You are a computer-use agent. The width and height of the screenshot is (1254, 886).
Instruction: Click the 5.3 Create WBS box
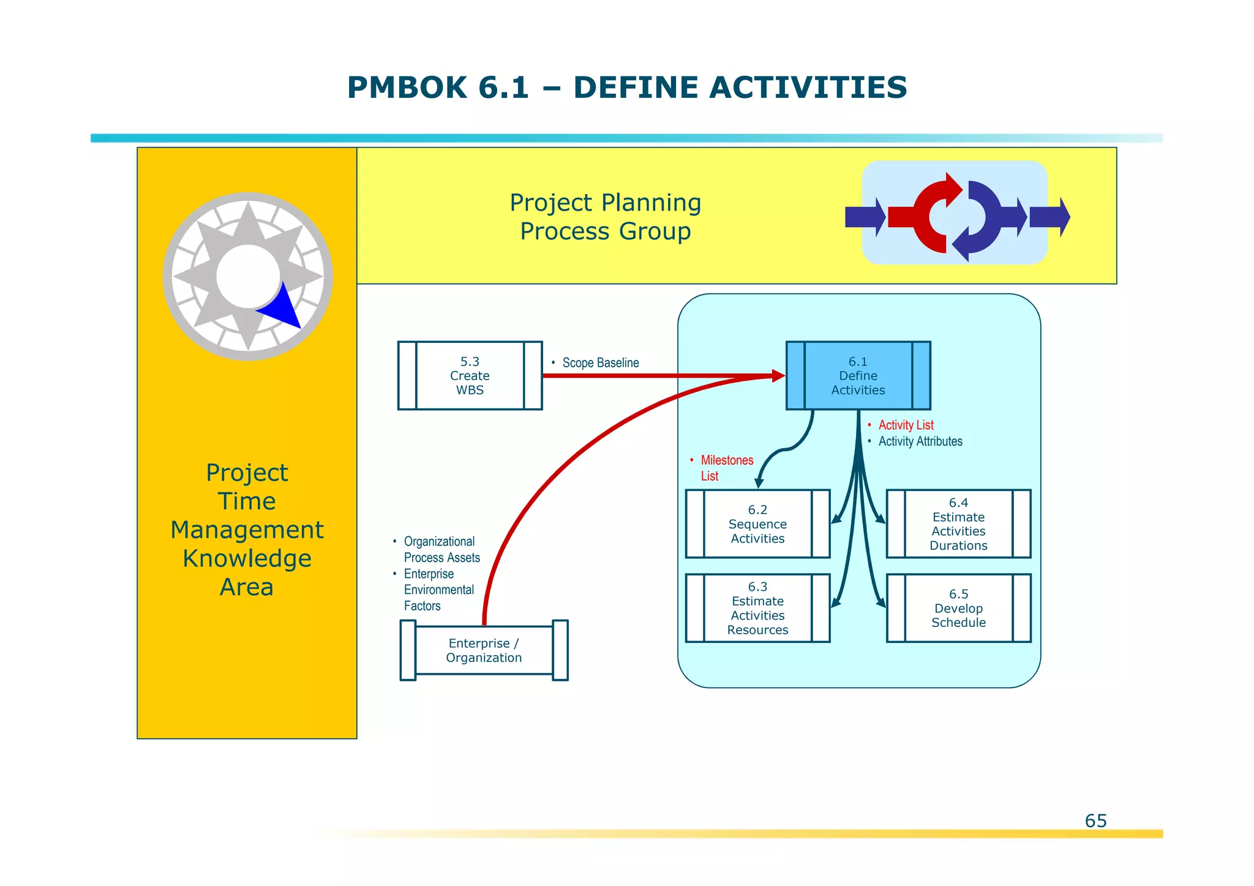[470, 375]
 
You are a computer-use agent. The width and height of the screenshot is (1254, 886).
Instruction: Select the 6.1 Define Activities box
[858, 375]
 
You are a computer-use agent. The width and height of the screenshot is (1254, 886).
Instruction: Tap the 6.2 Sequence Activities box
[757, 524]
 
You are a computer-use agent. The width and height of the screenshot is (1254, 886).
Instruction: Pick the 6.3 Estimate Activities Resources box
[757, 608]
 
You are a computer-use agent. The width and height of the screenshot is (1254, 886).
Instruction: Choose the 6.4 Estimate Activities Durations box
[958, 524]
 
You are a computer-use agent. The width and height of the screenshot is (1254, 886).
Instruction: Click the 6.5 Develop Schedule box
[958, 608]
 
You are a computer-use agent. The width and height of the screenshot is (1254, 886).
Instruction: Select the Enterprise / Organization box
[484, 650]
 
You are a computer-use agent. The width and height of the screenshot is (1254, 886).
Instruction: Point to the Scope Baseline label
[600, 362]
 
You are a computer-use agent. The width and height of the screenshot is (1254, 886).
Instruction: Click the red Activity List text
[906, 425]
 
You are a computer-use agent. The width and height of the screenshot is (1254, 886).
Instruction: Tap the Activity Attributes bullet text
[920, 441]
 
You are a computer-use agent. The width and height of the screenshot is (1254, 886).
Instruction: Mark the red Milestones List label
[726, 468]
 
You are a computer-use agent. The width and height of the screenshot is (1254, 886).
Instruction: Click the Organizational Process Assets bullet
[441, 549]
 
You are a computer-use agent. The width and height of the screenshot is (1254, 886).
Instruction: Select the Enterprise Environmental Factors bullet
[438, 590]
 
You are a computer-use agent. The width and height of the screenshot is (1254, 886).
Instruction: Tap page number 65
[1095, 820]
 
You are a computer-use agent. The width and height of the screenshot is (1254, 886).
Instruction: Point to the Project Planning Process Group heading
[605, 217]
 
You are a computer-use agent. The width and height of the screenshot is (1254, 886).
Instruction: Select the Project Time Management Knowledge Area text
[247, 530]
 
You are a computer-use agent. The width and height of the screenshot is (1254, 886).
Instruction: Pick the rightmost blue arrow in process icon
[1049, 217]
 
